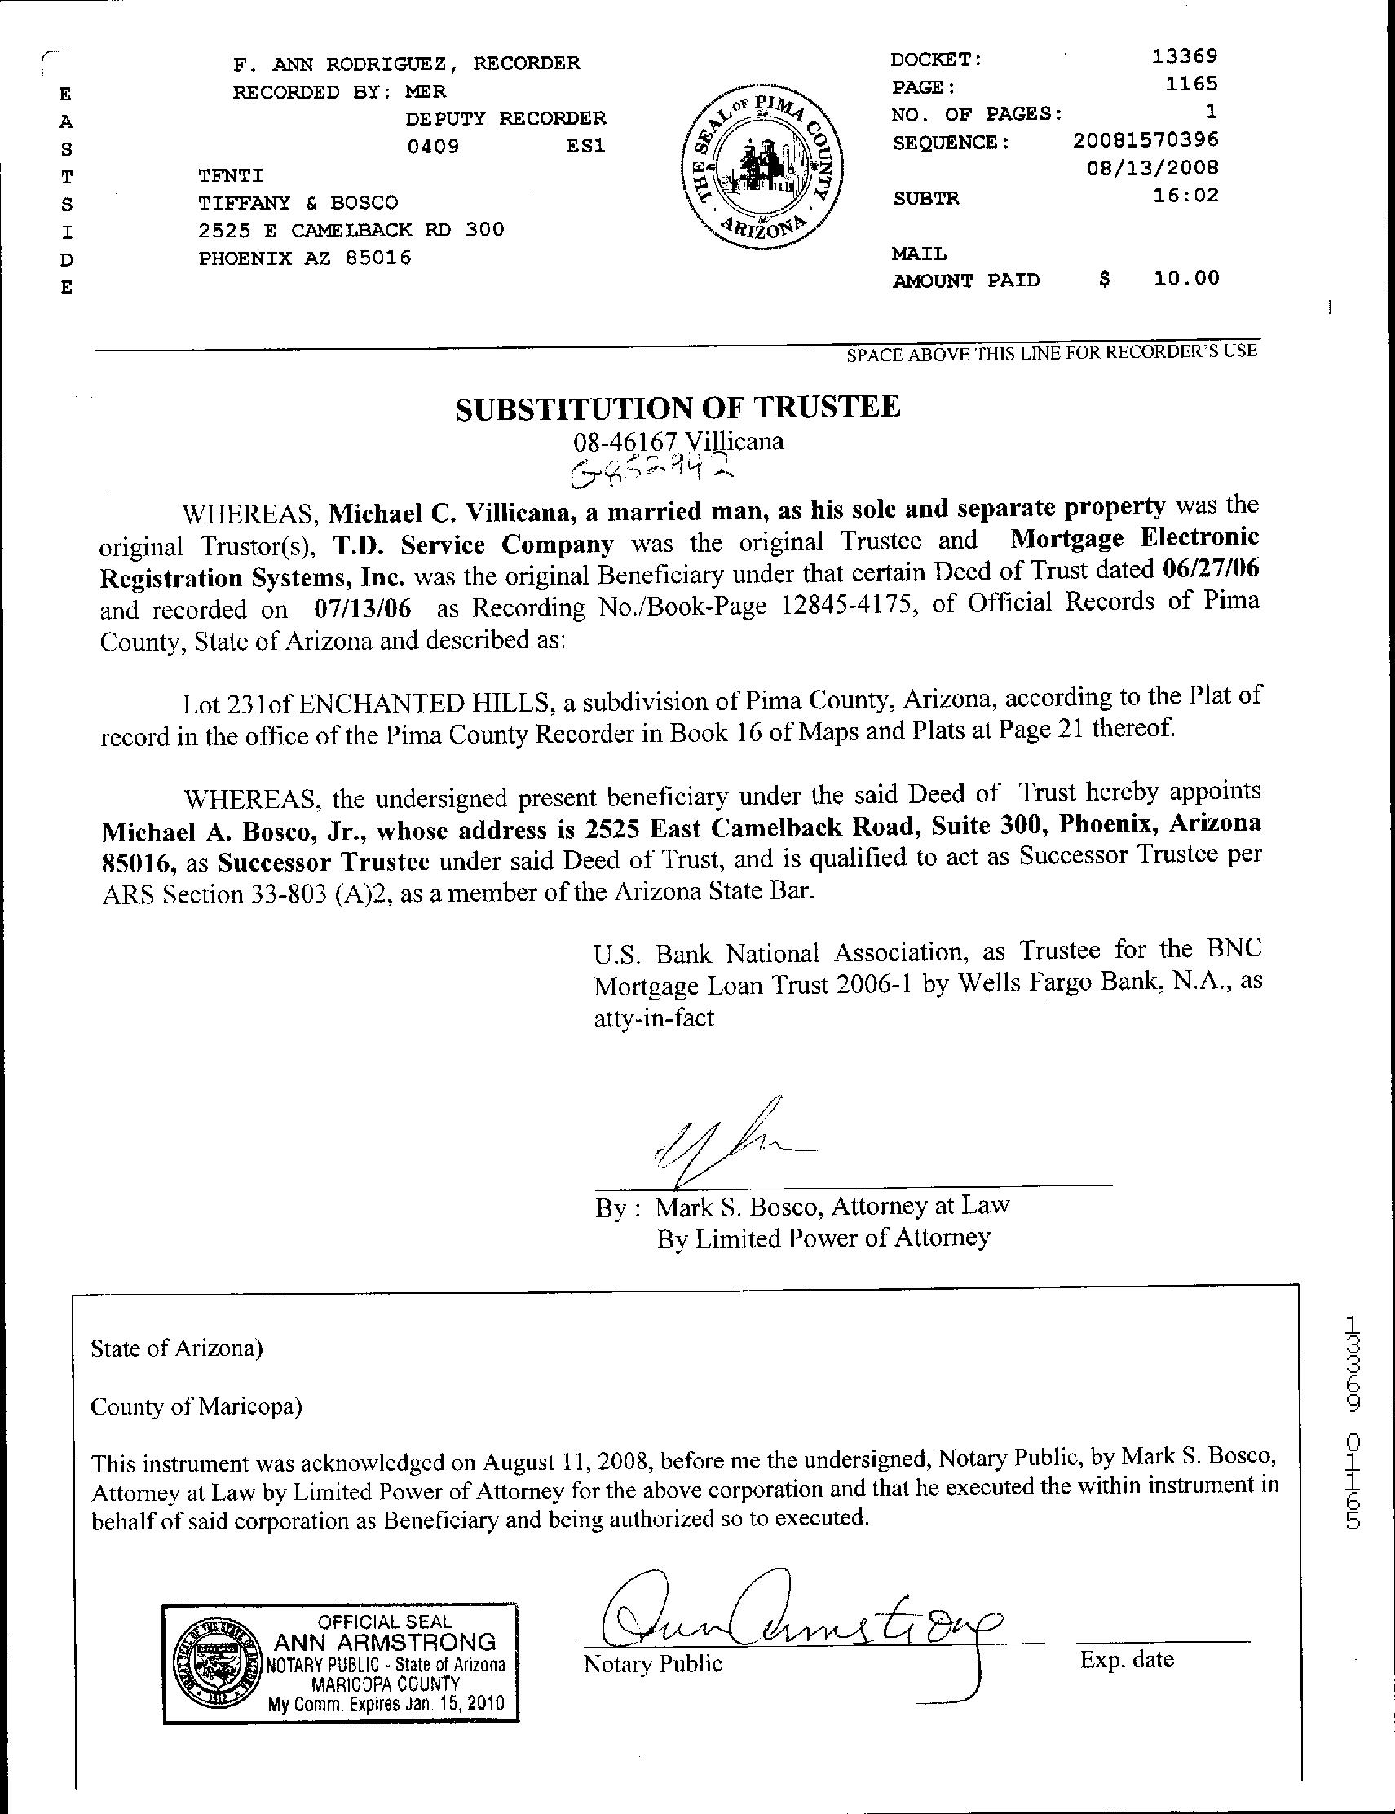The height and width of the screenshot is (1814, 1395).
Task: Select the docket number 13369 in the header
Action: click(x=1185, y=56)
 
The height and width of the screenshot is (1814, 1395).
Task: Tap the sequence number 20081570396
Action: click(x=1146, y=139)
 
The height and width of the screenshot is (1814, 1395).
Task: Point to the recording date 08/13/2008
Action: click(x=1153, y=168)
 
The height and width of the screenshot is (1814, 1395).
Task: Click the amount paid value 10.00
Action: click(x=1186, y=278)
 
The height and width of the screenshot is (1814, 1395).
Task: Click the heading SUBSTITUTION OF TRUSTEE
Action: click(x=678, y=407)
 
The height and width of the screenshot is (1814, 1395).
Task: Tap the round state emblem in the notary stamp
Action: click(x=219, y=1643)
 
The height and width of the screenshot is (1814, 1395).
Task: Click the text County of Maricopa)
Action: click(x=196, y=1406)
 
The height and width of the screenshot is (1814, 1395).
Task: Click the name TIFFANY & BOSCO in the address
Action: click(x=298, y=202)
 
